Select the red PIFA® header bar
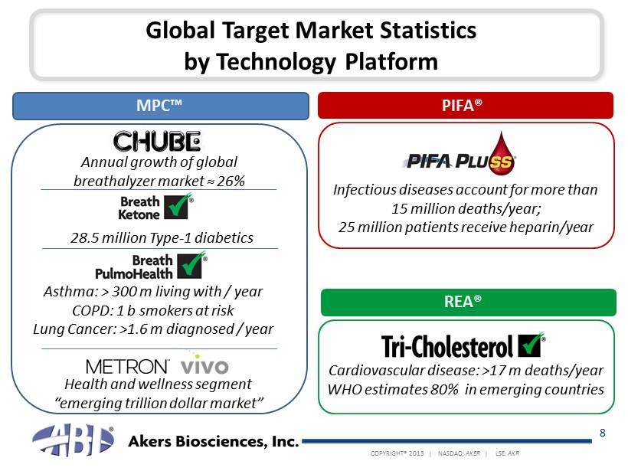[x=466, y=106]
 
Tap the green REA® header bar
[x=466, y=303]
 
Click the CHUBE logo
[x=157, y=142]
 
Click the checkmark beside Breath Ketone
[x=179, y=207]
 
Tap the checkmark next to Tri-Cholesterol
[x=531, y=345]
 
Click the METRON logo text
[x=127, y=365]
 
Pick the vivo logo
[x=204, y=365]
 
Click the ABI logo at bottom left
[x=73, y=443]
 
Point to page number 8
[x=603, y=433]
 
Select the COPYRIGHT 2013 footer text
[x=397, y=453]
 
